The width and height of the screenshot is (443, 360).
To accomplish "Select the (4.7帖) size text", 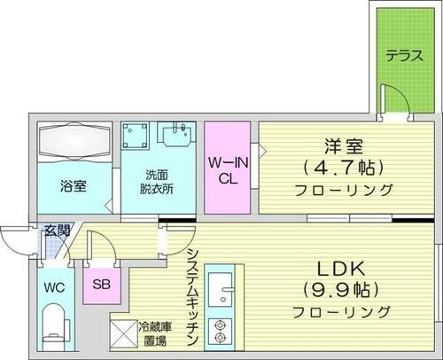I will (x=341, y=167).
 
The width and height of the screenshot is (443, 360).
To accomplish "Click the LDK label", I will (x=342, y=267).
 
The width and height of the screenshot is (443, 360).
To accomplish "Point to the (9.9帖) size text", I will (x=342, y=289).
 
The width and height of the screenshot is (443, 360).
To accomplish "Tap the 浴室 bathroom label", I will (x=74, y=187).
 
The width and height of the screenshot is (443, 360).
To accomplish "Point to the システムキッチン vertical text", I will (x=193, y=297).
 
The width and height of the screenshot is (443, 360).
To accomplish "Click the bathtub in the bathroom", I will (x=74, y=143).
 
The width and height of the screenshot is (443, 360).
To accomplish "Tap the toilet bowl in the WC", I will (x=55, y=325).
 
